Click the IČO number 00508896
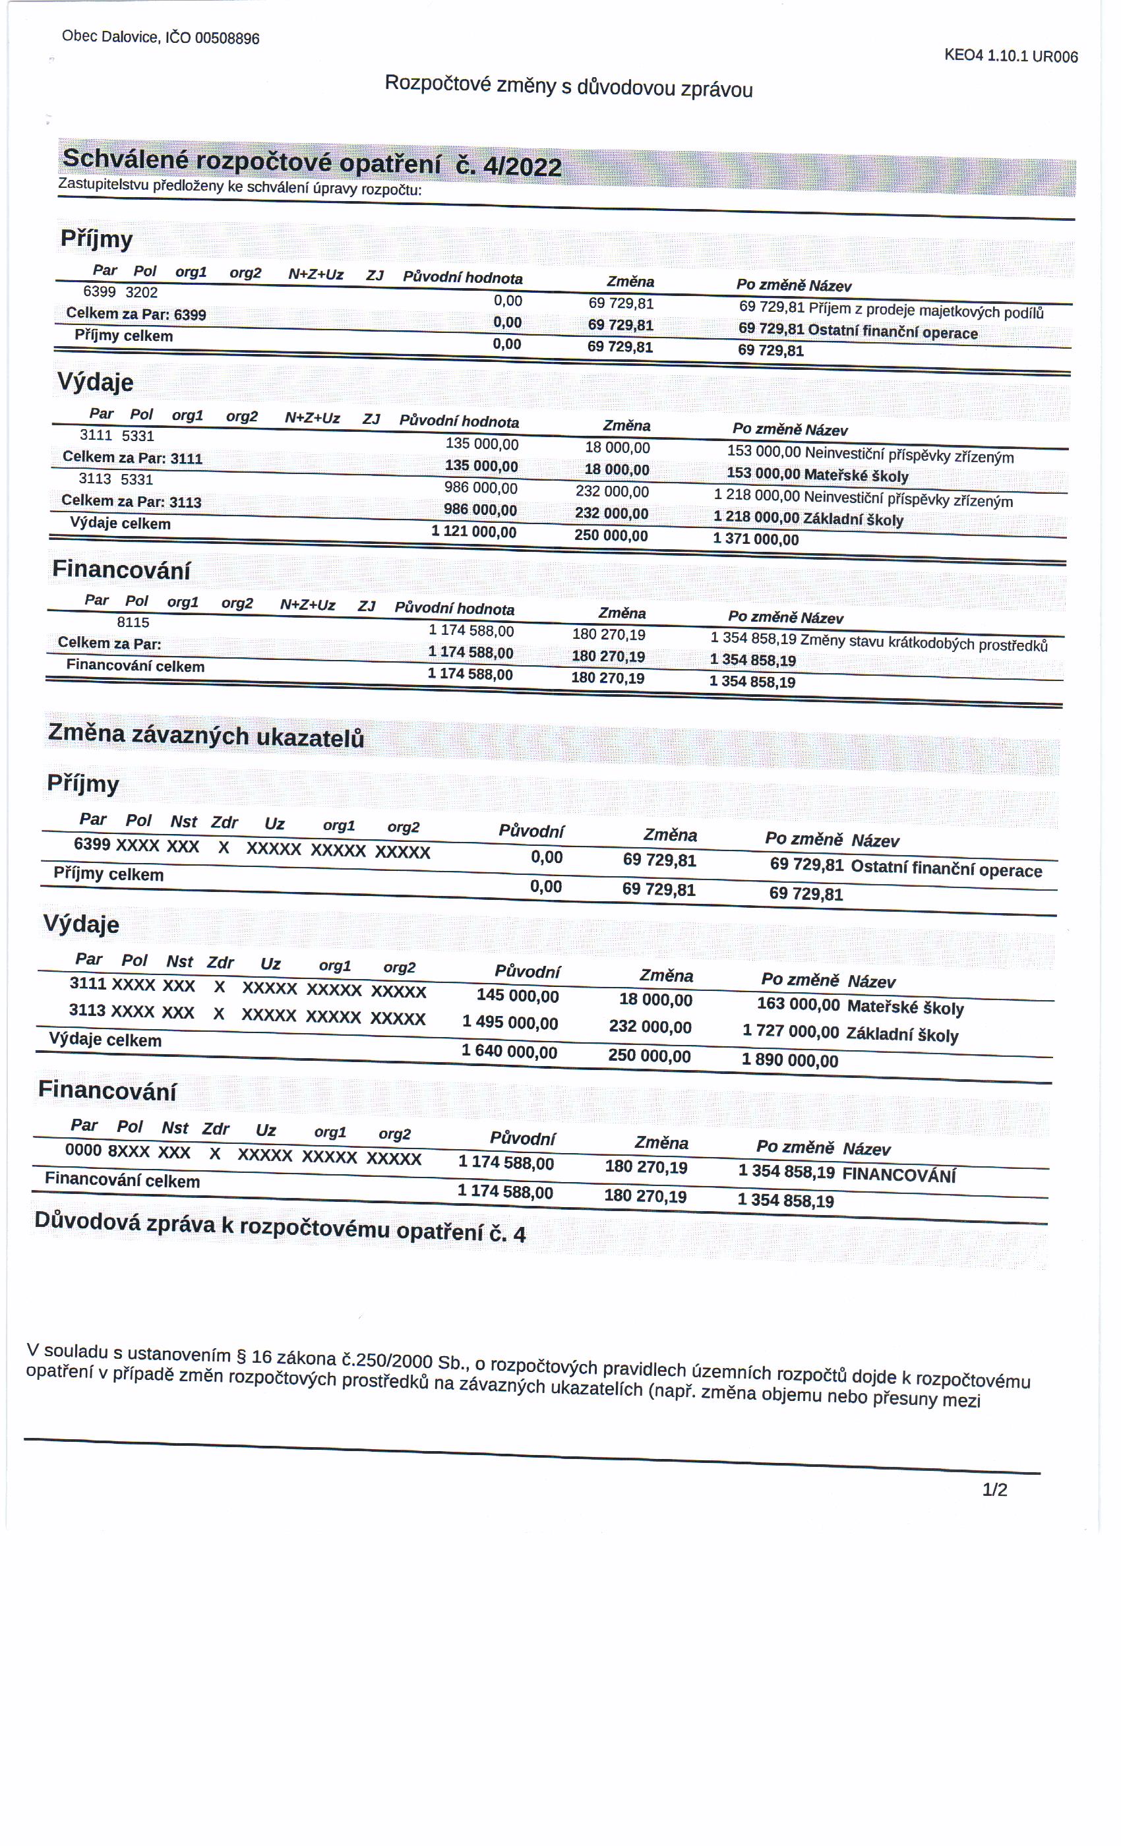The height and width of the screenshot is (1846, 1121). point(226,38)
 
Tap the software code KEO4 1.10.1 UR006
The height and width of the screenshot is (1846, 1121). point(1010,55)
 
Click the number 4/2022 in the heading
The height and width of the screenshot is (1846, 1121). point(522,166)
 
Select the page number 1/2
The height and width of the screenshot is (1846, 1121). point(994,1489)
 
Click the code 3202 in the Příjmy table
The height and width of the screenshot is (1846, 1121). point(142,292)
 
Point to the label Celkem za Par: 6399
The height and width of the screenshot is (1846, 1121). point(136,314)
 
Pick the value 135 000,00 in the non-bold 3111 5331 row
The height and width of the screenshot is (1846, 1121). point(482,444)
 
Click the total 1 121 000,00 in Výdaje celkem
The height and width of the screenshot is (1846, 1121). point(473,531)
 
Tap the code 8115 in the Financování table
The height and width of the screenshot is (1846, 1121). point(133,622)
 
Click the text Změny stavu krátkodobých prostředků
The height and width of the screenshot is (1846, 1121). point(923,643)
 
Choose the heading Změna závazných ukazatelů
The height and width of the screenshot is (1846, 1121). point(206,735)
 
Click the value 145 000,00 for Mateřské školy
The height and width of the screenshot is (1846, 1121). point(518,996)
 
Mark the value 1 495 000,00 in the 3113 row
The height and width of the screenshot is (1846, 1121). point(510,1023)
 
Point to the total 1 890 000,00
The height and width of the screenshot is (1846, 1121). point(790,1059)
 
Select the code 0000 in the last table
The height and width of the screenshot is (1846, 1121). point(83,1149)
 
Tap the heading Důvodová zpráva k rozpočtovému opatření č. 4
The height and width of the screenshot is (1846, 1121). point(280,1226)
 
